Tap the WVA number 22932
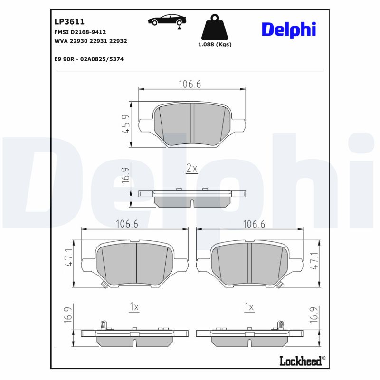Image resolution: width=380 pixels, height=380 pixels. point(118,41)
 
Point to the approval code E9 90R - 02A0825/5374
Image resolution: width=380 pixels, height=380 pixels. point(86,59)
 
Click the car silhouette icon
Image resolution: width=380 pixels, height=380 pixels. point(167,20)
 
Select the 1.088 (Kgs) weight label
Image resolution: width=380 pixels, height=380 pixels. point(214,44)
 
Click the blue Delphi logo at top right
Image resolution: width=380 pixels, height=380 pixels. point(288,29)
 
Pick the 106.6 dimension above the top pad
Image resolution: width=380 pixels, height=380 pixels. point(190,84)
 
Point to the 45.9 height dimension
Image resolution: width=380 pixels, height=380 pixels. point(126,124)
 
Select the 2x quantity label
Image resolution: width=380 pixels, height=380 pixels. point(191,169)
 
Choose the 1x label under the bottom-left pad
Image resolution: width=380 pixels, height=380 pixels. point(134,307)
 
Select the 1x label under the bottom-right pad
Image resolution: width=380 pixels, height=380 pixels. point(249,307)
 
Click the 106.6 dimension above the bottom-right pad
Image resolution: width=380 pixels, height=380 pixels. point(254,224)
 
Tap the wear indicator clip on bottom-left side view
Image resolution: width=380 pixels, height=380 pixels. point(104,325)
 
